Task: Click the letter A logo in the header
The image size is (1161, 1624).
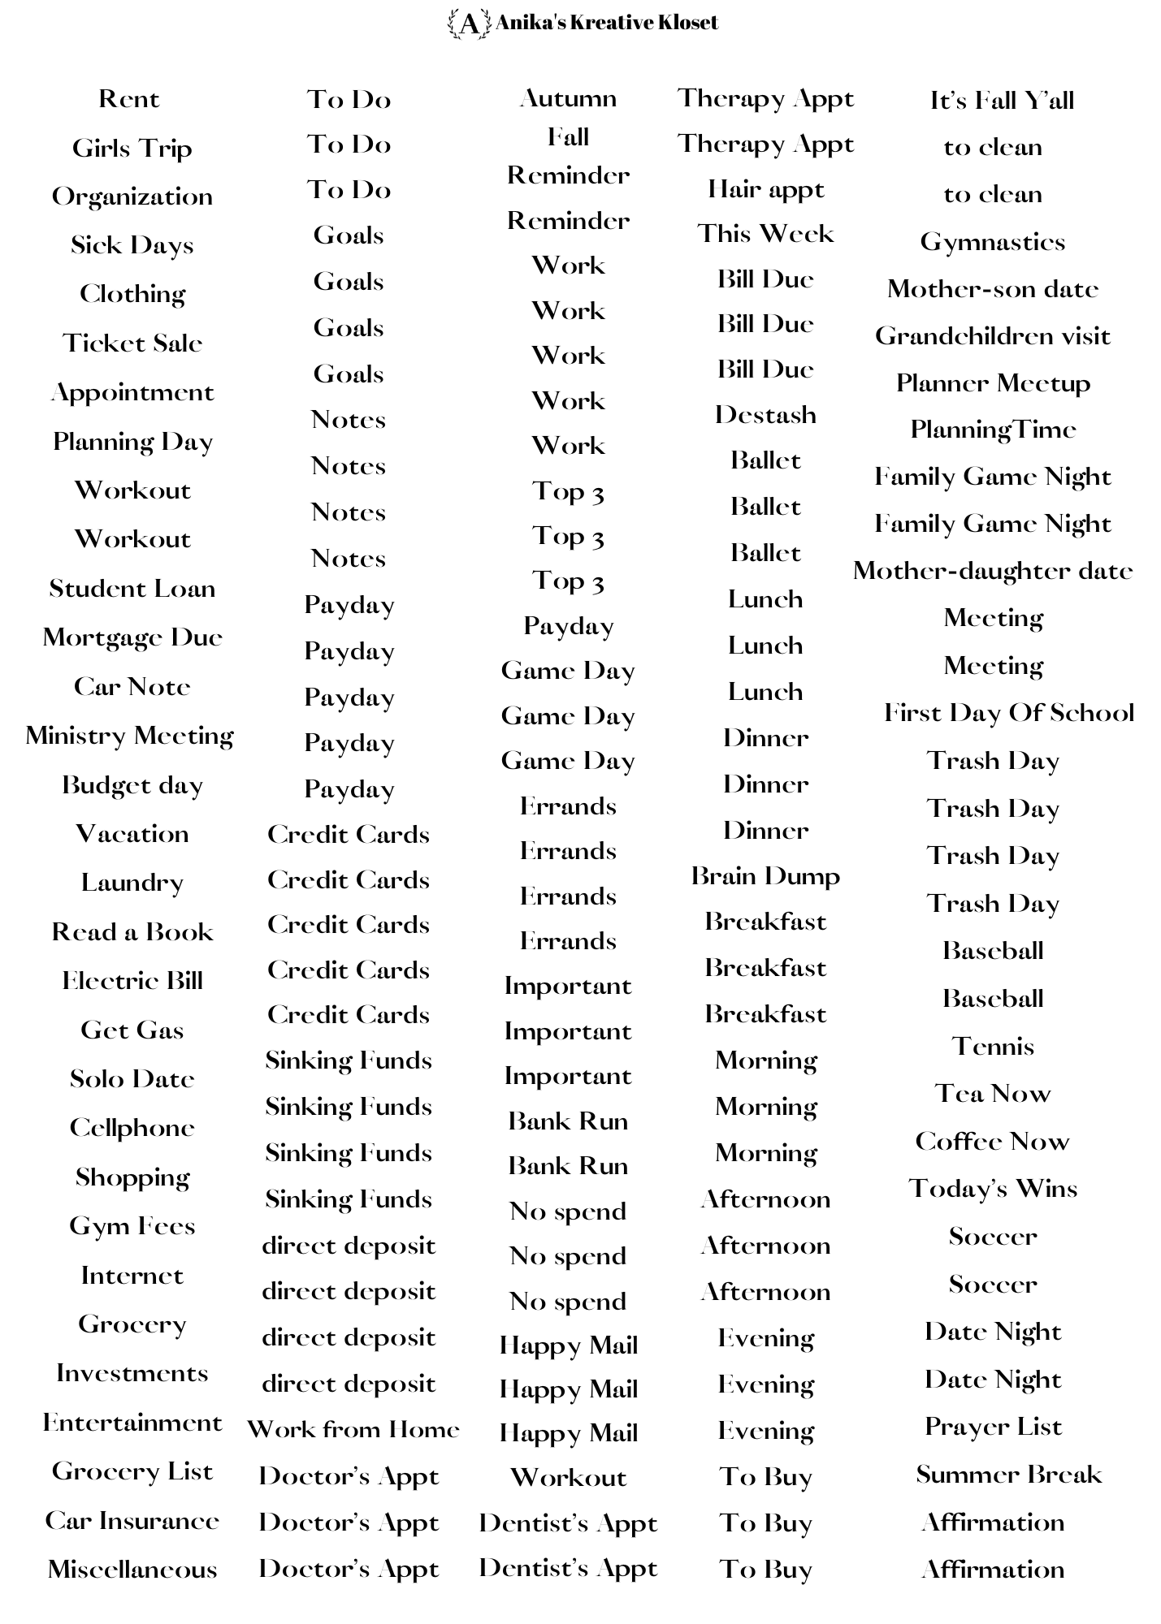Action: [x=469, y=24]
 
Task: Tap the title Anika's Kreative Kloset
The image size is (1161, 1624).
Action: [x=606, y=23]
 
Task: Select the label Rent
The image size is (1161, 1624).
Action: [x=129, y=99]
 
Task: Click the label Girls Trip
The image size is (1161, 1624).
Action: [x=132, y=149]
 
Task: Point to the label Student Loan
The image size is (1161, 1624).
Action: [x=132, y=589]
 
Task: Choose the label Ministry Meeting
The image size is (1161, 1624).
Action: [x=130, y=736]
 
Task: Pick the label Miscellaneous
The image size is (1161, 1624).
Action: [x=132, y=1570]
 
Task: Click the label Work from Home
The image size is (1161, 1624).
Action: [x=353, y=1429]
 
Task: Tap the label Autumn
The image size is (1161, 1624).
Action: [x=568, y=99]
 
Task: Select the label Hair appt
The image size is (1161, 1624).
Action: [x=765, y=190]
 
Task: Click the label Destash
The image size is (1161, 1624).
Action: [x=765, y=415]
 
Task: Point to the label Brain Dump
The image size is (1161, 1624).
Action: [x=765, y=876]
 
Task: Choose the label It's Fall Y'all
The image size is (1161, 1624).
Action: [x=1002, y=101]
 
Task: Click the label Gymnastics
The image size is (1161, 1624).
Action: [x=992, y=242]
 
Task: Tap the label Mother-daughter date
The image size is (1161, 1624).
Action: [x=992, y=571]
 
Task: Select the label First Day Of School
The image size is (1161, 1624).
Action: [x=1008, y=713]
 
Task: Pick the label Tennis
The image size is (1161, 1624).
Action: [x=992, y=1046]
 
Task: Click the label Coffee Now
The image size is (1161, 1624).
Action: [x=992, y=1142]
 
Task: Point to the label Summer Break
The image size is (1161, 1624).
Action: [x=1008, y=1475]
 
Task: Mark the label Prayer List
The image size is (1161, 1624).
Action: [x=993, y=1427]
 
